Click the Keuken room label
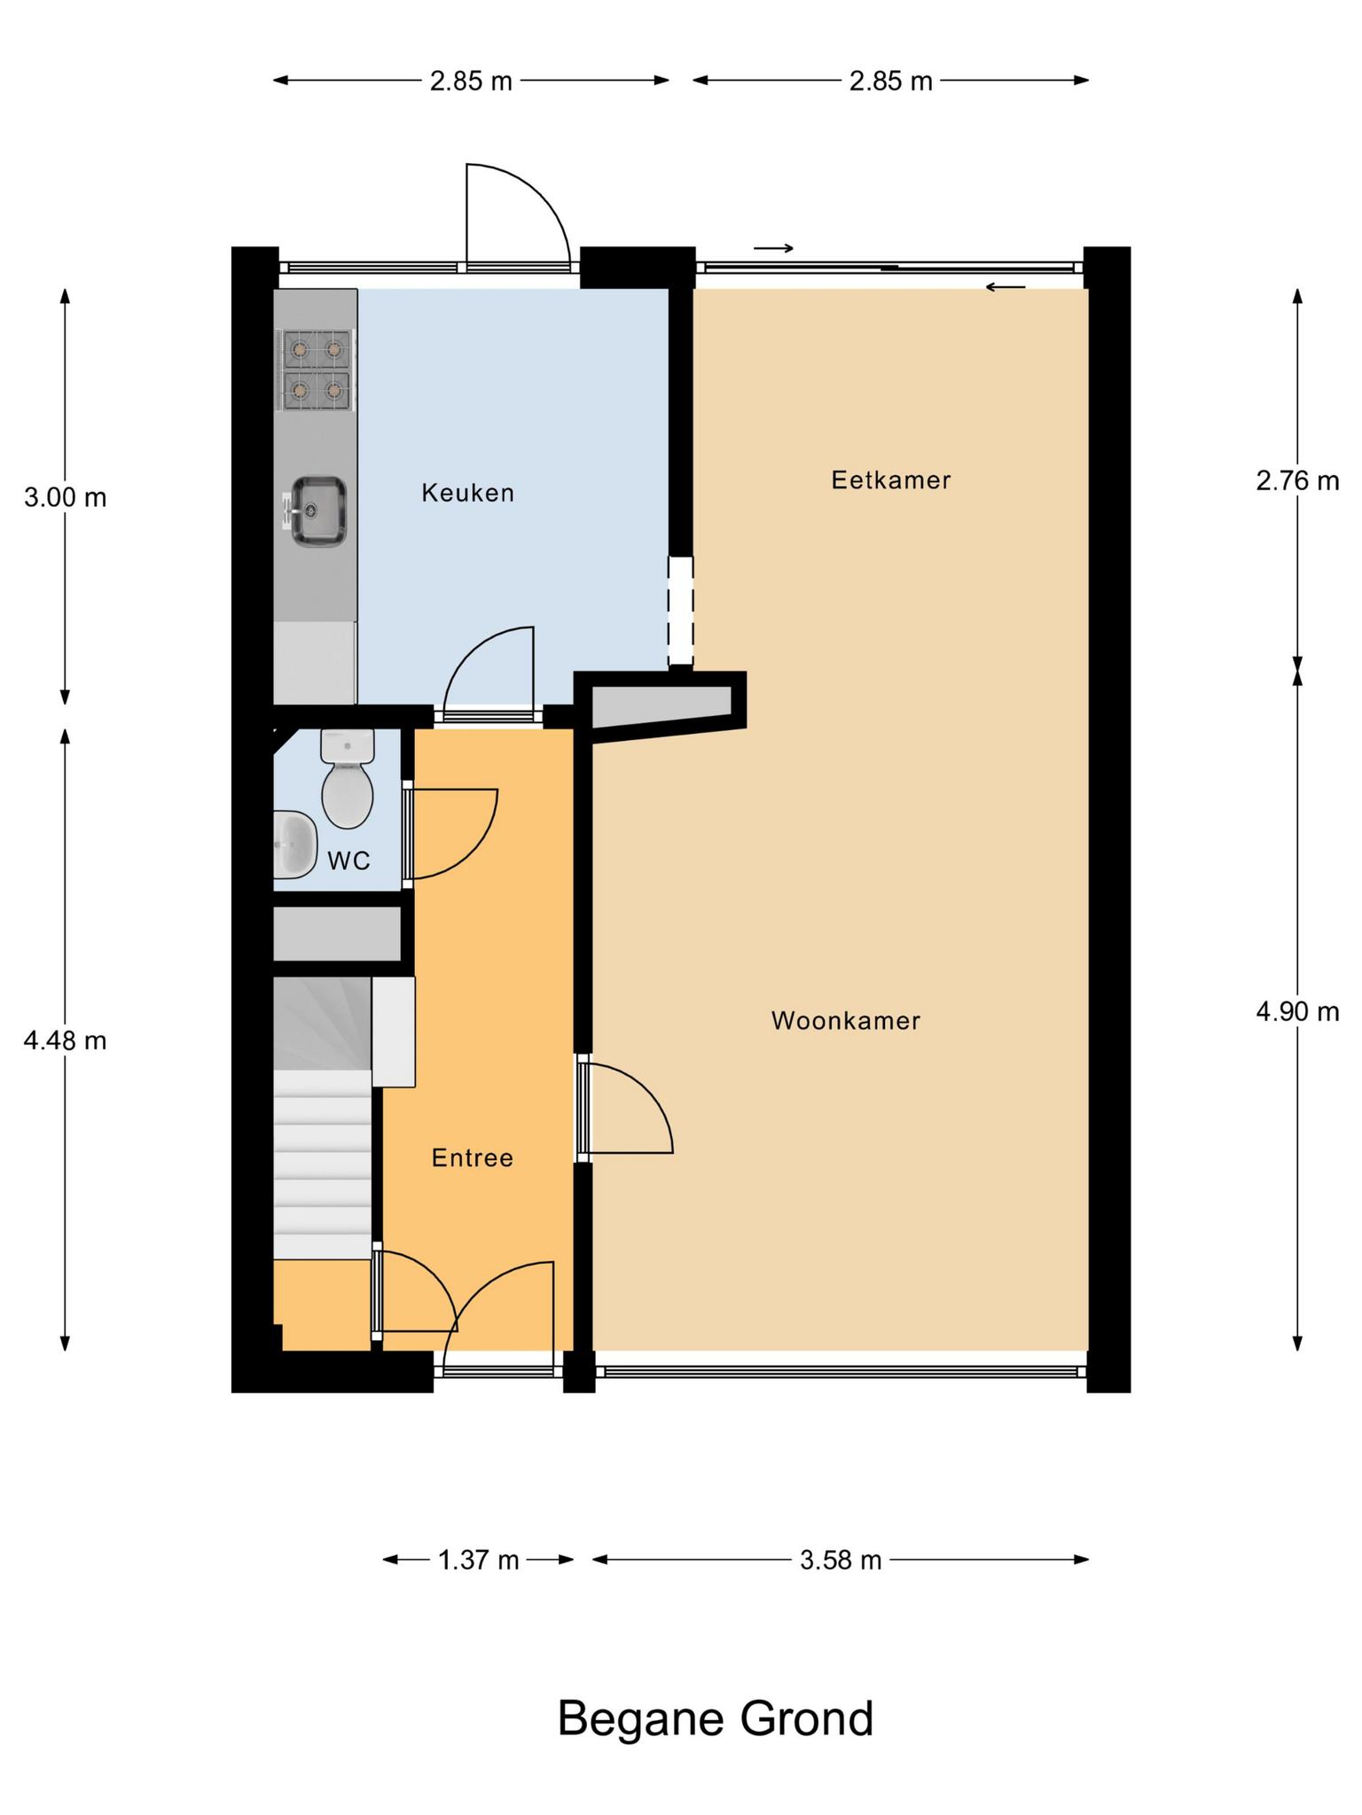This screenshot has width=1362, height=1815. pyautogui.click(x=467, y=493)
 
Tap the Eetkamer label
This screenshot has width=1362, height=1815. pyautogui.click(x=891, y=480)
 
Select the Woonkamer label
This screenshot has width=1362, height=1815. pyautogui.click(x=846, y=1021)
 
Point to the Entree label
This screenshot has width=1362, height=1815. pyautogui.click(x=473, y=1158)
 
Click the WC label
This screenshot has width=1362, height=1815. pyautogui.click(x=348, y=861)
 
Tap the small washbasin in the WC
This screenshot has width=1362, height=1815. pyautogui.click(x=295, y=845)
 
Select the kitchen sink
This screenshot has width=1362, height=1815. pyautogui.click(x=317, y=510)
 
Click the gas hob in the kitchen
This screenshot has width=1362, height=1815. pyautogui.click(x=317, y=370)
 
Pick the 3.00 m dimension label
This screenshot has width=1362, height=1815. pyautogui.click(x=66, y=498)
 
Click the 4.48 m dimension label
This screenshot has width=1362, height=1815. pyautogui.click(x=66, y=1040)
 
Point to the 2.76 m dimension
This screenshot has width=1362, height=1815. pyautogui.click(x=1297, y=481)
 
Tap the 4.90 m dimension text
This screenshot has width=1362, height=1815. pyautogui.click(x=1297, y=1012)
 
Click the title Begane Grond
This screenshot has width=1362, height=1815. pyautogui.click(x=716, y=1718)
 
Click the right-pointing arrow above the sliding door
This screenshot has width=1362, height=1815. pyautogui.click(x=773, y=249)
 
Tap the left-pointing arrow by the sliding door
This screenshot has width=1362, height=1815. pyautogui.click(x=1006, y=287)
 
